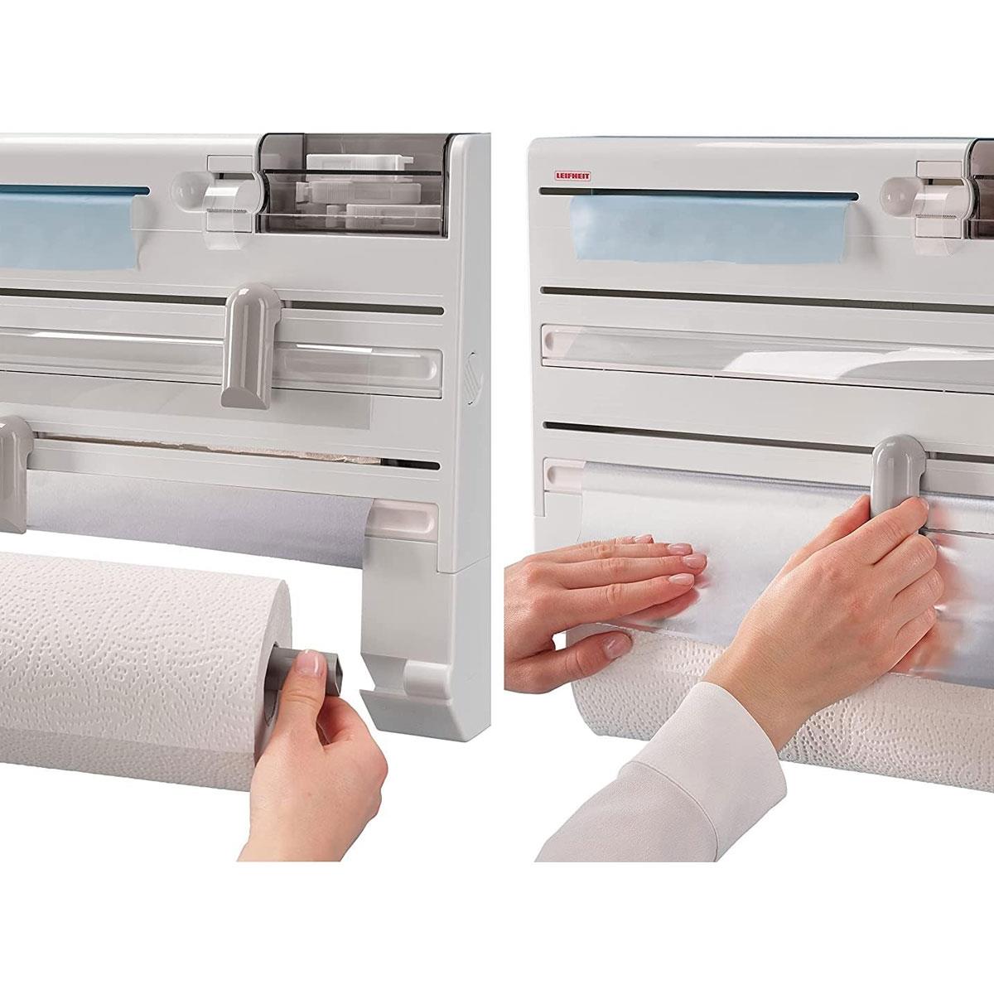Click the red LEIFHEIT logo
coord(572,176)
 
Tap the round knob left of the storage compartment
coord(186,186)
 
